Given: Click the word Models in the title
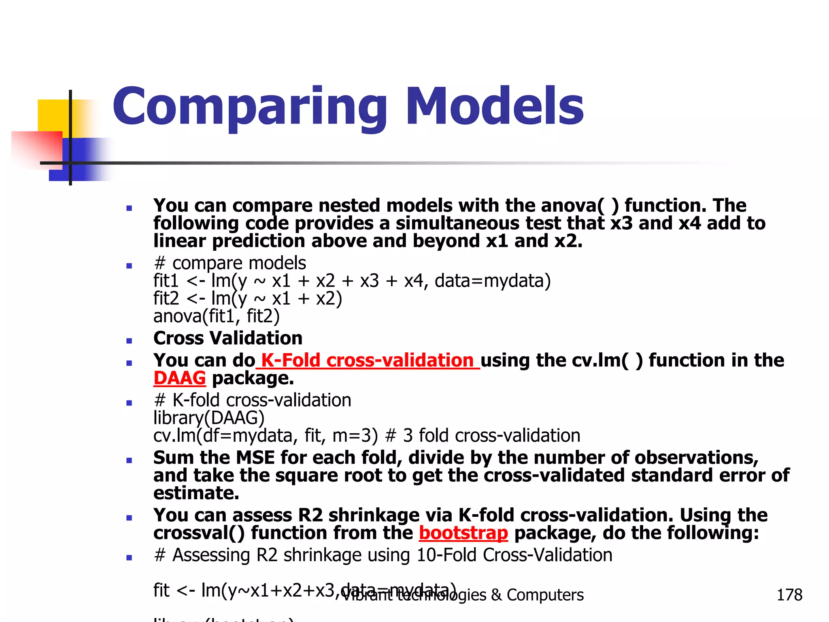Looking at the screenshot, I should tap(495, 106).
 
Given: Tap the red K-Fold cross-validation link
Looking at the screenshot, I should tap(368, 360).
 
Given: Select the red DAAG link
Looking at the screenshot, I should tap(179, 378).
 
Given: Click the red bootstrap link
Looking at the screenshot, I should tap(463, 533).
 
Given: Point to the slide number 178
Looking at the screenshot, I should tap(789, 595).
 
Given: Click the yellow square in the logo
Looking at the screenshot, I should tap(53, 115).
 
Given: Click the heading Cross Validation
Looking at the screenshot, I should tap(228, 338).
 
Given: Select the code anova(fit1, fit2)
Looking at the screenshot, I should tap(217, 316).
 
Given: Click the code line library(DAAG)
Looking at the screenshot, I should tap(209, 418).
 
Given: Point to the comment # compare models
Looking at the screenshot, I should tap(230, 263).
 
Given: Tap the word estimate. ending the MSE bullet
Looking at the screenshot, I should tap(196, 493).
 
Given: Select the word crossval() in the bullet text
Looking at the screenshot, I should tap(199, 533).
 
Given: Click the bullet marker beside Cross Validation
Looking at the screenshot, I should tap(129, 341).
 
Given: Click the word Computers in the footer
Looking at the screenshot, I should tap(545, 595).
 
